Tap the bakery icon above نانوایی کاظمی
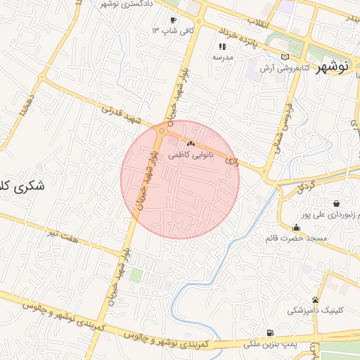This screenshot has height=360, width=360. pos(191,143)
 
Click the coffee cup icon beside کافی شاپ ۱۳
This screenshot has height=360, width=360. pos(173,20)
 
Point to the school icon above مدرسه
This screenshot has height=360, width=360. pos(222,46)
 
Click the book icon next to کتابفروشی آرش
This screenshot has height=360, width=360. pos(284,57)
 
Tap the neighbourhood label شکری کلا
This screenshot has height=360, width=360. pos(21,187)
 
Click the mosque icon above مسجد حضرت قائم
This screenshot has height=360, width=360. pos(296,227)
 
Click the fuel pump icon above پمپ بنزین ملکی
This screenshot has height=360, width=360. pos(269,333)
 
